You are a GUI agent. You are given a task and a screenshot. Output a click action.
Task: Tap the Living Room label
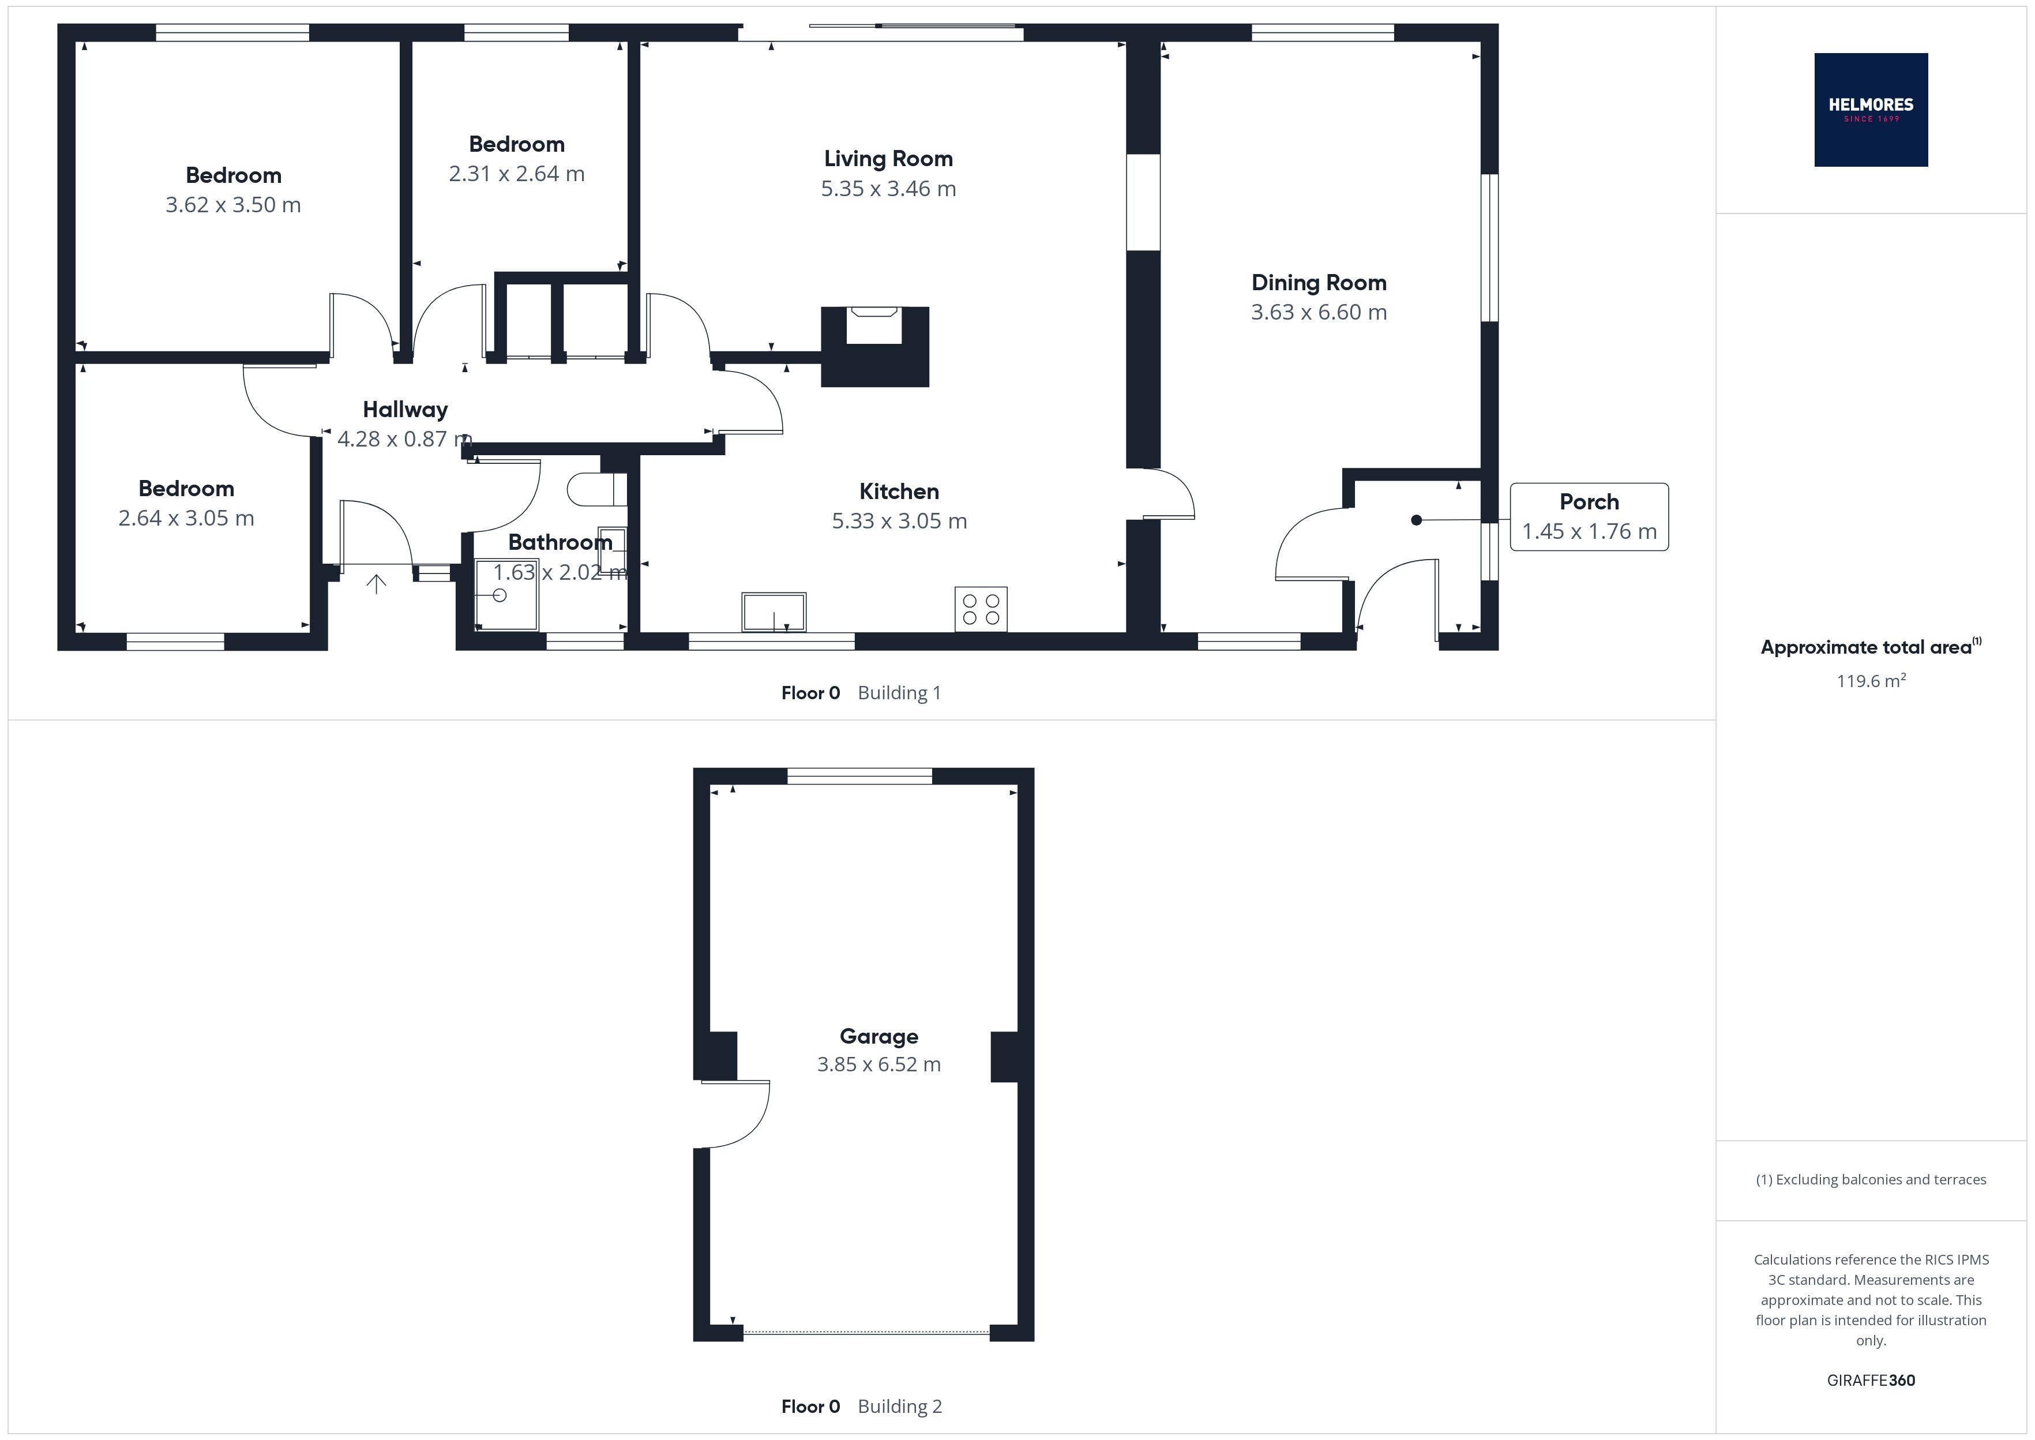[x=888, y=159]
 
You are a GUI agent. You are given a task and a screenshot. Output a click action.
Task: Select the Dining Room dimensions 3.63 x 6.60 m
[x=1319, y=312]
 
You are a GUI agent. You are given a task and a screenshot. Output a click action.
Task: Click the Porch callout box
[x=1589, y=517]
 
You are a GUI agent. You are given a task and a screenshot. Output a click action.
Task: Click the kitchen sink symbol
[x=774, y=612]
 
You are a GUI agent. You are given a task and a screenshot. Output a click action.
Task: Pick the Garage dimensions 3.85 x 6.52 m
[x=878, y=1064]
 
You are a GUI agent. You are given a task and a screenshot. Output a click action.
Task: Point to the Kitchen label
[x=899, y=491]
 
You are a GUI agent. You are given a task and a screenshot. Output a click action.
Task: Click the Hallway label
[x=405, y=410]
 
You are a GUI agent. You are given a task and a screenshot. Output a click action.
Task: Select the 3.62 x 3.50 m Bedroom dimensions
[x=233, y=205]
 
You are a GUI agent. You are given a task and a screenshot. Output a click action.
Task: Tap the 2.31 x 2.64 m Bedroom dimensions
[x=517, y=174]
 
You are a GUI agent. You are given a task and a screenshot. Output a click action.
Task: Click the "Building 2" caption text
[x=900, y=1407]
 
